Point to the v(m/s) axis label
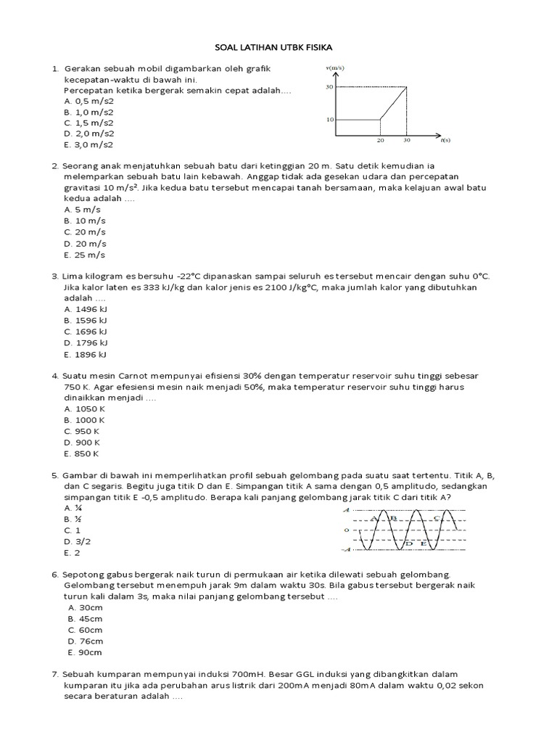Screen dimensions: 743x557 click(334, 67)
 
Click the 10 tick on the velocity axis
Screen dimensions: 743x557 click(330, 119)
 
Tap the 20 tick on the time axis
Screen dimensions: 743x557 click(380, 139)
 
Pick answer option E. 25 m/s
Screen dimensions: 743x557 click(85, 255)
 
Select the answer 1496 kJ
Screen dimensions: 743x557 click(86, 308)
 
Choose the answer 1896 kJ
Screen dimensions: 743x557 click(86, 354)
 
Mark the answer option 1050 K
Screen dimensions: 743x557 click(86, 409)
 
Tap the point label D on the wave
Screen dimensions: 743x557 click(409, 543)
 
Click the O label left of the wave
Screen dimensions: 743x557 click(346, 530)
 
